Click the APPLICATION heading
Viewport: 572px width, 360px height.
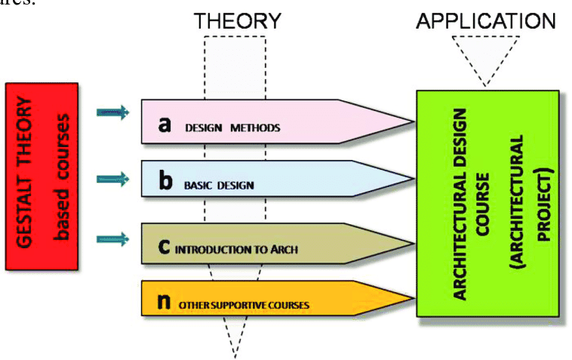coord(486,20)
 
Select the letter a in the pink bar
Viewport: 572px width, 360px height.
coord(165,124)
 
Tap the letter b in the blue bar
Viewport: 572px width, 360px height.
coord(165,182)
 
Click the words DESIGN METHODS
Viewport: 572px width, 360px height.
coord(232,128)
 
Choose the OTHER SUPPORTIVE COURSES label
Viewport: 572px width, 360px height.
coord(244,305)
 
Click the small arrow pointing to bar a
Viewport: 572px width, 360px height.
coord(113,114)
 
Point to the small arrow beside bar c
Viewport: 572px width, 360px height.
coord(113,240)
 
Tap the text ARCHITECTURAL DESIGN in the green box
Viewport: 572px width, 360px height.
coord(460,204)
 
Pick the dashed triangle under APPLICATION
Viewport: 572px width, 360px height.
coord(486,57)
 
